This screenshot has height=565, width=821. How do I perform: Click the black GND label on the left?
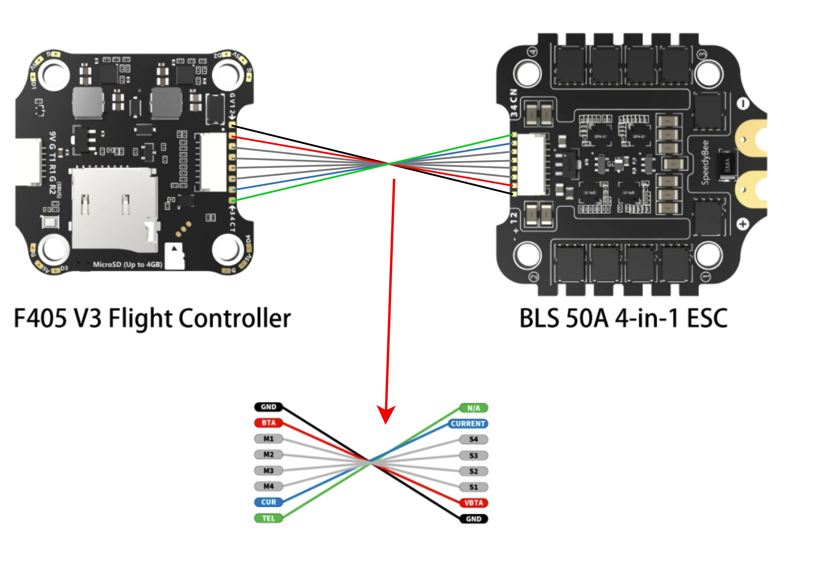point(268,407)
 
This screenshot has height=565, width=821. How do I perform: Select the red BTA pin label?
point(268,423)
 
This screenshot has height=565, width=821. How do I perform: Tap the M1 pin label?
point(268,439)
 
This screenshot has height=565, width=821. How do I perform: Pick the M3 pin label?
point(268,471)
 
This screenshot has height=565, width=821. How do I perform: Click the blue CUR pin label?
point(268,502)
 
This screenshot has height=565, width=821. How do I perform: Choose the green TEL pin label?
point(268,518)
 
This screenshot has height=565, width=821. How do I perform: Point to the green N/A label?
point(474,408)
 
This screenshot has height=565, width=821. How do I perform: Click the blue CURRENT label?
point(468,423)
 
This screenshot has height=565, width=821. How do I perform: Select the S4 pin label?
point(474,439)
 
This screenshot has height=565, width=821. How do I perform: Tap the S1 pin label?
point(474,487)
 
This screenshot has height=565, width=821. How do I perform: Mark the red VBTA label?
point(474,503)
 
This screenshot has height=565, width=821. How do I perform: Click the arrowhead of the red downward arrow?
point(386,414)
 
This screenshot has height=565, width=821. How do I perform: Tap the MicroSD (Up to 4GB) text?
point(127,264)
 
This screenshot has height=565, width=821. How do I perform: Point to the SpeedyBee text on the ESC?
point(705,162)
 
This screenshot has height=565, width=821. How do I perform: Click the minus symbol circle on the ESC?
point(742,104)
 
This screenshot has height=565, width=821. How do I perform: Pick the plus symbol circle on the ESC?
point(742,224)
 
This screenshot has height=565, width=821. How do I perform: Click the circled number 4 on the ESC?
point(533,52)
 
